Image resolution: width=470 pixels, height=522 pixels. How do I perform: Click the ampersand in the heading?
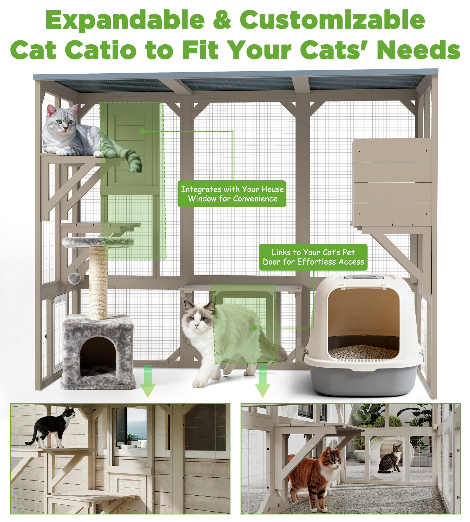(x=222, y=20)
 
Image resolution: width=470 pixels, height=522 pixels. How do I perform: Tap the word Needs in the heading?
(x=418, y=50)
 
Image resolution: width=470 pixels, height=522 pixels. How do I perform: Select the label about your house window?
(x=232, y=194)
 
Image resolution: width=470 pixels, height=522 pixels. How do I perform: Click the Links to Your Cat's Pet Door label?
(x=313, y=257)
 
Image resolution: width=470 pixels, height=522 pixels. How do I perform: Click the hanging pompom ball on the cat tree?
(x=74, y=278)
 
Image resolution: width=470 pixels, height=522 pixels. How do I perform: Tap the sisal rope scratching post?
(x=98, y=282)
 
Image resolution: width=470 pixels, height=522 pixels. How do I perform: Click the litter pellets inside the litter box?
(x=363, y=352)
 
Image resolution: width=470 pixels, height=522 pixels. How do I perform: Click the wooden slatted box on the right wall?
(x=392, y=183)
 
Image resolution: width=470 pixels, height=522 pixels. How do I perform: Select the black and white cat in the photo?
(x=52, y=428)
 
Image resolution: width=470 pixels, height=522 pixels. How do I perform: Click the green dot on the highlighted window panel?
(x=143, y=131)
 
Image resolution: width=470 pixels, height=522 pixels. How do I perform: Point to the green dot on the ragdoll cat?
(x=254, y=328)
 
